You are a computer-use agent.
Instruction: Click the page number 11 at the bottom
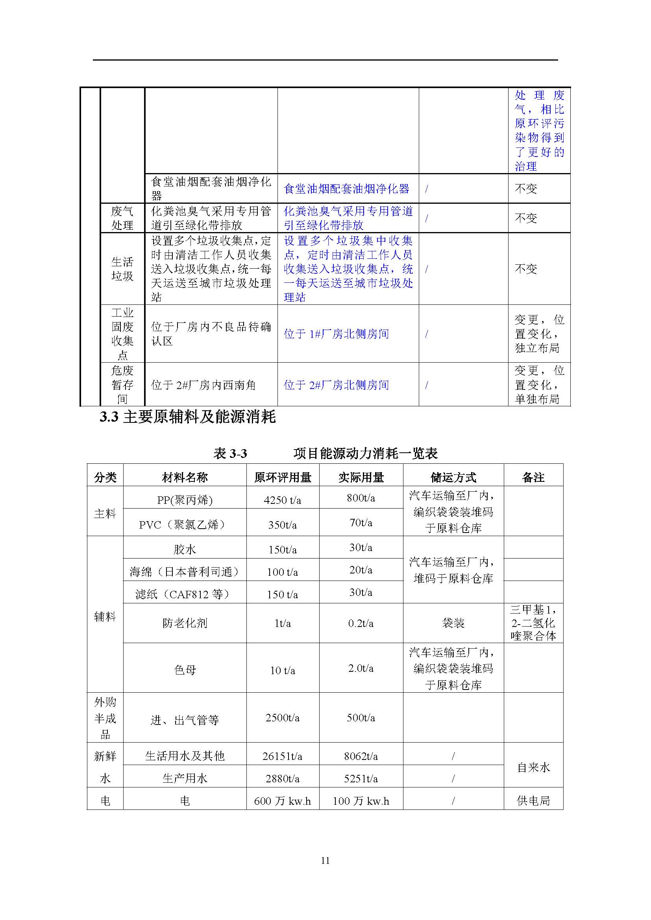(x=325, y=860)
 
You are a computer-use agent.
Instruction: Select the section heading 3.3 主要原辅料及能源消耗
(x=188, y=417)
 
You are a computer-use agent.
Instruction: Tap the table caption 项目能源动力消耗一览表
(x=365, y=453)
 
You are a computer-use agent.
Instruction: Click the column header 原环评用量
(x=283, y=477)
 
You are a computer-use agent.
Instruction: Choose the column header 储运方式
(x=453, y=477)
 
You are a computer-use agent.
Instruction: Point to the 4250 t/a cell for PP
(x=282, y=500)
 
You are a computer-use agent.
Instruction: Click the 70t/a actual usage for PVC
(x=361, y=522)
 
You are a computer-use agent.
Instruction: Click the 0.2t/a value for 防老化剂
(x=361, y=623)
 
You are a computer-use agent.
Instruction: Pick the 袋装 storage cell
(x=453, y=623)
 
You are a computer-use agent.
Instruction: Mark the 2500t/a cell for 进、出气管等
(x=282, y=718)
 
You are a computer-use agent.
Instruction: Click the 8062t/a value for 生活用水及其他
(x=361, y=756)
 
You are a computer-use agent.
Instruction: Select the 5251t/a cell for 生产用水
(x=361, y=778)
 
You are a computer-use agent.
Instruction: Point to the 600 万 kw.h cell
(x=282, y=801)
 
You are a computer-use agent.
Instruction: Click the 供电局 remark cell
(x=533, y=801)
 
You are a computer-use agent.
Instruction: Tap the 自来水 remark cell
(x=533, y=767)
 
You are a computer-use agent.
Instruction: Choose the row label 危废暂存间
(x=122, y=385)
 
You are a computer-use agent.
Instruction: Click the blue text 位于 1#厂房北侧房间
(x=336, y=334)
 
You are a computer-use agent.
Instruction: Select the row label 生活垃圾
(x=122, y=269)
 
